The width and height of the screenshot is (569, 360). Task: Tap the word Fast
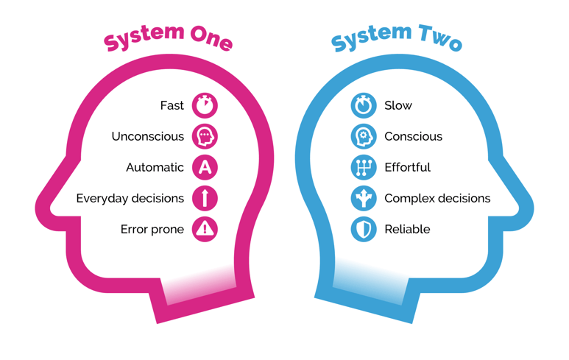click(172, 105)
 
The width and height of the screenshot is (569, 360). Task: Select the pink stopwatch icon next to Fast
click(205, 105)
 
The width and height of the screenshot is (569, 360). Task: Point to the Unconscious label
click(148, 136)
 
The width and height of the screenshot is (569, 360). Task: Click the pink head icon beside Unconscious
click(205, 136)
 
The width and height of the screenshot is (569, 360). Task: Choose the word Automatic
click(155, 167)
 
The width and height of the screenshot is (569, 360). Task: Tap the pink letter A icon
click(205, 167)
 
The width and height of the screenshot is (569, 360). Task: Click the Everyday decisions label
click(130, 198)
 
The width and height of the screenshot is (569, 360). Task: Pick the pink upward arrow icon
click(205, 198)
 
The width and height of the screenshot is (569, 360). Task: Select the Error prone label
click(152, 229)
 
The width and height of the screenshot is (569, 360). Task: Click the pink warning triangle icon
click(205, 229)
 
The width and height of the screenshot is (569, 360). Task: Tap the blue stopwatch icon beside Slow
click(364, 105)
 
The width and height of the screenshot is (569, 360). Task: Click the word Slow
click(398, 105)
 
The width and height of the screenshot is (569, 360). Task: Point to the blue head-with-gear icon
click(364, 136)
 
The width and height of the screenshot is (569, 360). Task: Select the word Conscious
click(414, 136)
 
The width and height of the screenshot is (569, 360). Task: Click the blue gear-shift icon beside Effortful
click(364, 167)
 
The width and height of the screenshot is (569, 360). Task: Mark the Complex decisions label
click(437, 198)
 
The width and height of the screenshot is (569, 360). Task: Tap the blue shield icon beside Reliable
click(364, 229)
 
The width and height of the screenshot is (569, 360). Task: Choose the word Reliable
click(407, 229)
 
